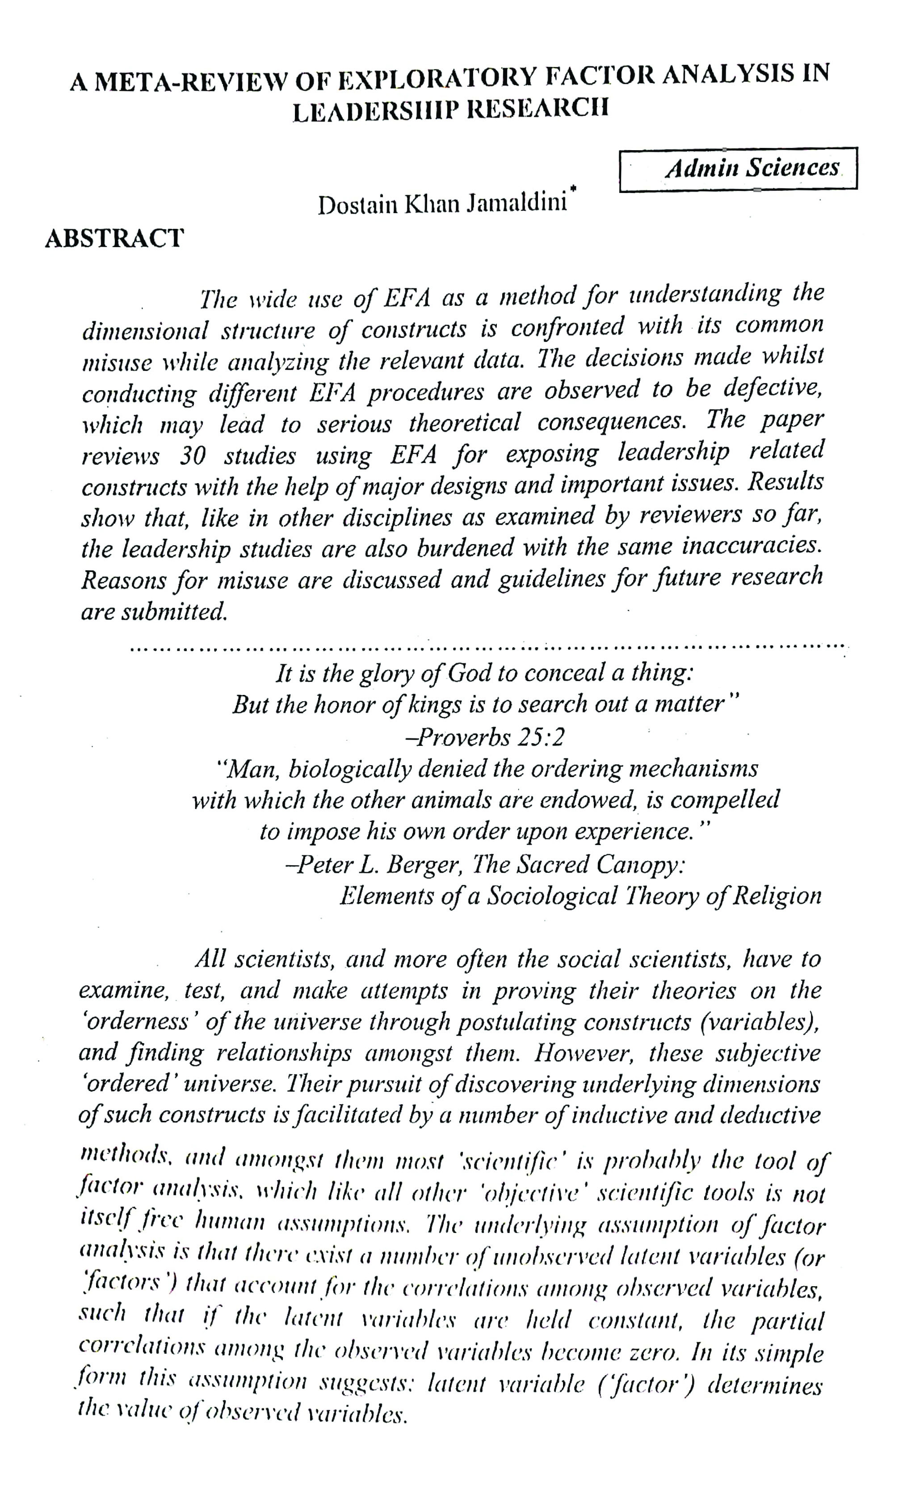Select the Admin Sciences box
click(x=738, y=168)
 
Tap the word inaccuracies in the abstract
click(x=751, y=545)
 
